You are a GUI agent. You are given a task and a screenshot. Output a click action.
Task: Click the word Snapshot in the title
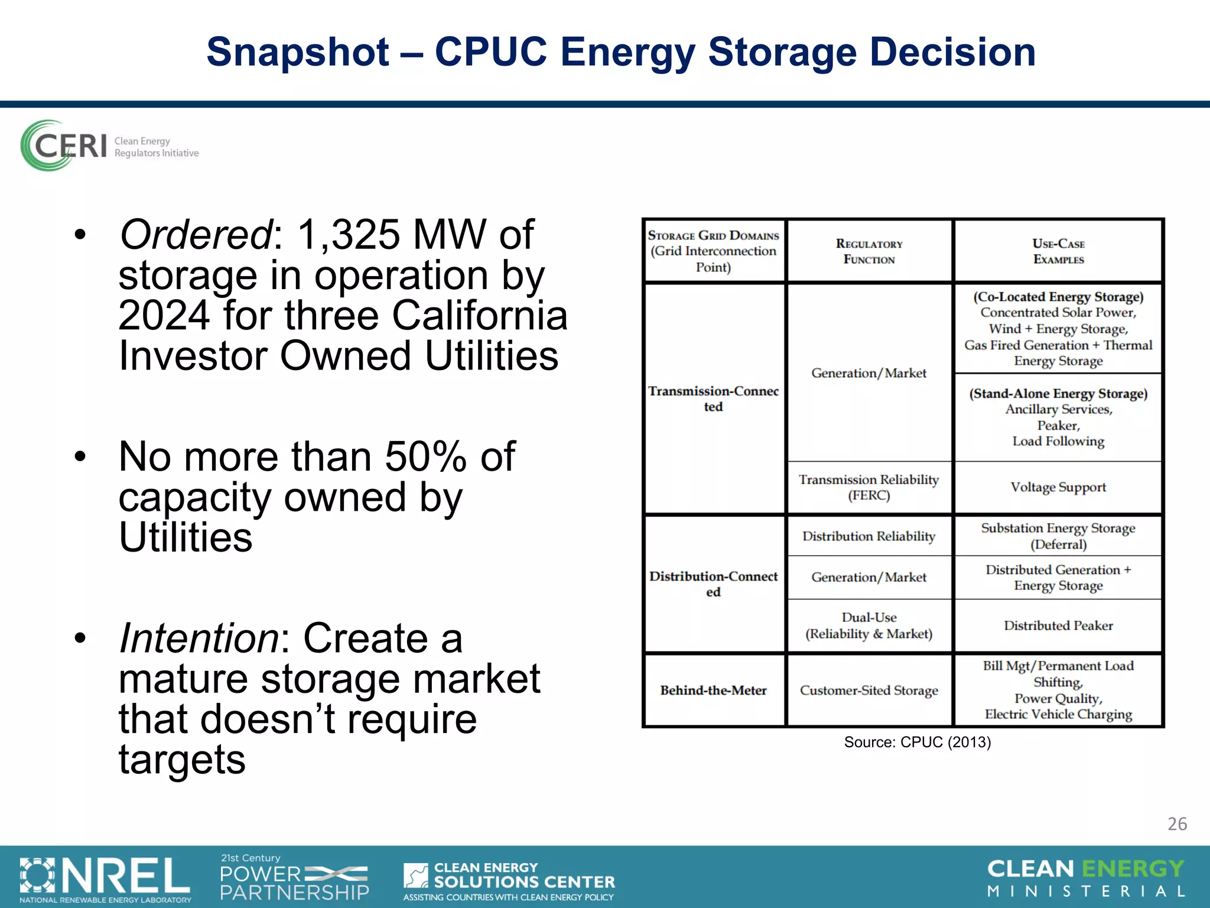point(297,52)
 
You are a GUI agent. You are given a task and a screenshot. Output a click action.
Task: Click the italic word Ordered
point(196,235)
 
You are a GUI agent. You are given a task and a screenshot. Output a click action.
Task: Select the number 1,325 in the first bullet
point(348,235)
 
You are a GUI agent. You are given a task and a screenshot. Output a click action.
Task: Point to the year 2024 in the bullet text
point(164,316)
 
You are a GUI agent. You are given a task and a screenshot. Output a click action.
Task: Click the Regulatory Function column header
point(869,252)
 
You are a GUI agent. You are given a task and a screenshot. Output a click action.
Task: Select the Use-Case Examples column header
point(1058,252)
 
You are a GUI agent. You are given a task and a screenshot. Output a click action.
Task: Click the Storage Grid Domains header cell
point(713,251)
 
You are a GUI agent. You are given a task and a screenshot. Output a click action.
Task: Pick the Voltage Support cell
point(1058,487)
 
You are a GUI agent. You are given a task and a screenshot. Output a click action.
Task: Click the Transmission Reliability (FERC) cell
point(869,487)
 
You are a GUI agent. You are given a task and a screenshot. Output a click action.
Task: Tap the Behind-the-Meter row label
point(713,690)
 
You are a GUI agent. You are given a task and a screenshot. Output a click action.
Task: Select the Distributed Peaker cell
point(1058,625)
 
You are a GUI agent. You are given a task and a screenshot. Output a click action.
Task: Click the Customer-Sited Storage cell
point(869,690)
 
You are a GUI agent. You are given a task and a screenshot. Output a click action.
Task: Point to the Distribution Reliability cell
point(869,536)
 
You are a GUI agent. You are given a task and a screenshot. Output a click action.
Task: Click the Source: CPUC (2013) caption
point(917,742)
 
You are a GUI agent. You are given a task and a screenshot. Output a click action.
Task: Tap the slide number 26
point(1177,823)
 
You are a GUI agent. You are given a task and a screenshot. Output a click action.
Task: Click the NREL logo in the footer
point(105,878)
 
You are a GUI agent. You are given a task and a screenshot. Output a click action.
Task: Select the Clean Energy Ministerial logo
point(1086,878)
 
